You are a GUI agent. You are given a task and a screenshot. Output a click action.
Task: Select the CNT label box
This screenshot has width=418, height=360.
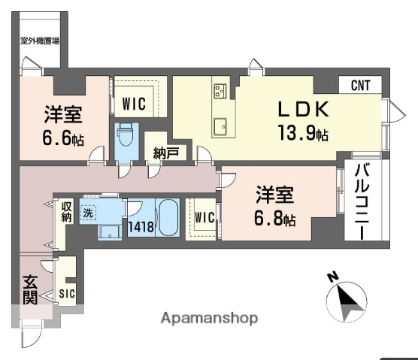(x=360, y=86)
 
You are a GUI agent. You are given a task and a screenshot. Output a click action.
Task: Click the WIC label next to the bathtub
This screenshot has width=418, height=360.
(x=204, y=219)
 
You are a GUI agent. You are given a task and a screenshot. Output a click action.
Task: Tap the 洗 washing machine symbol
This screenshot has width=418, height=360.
(x=87, y=213)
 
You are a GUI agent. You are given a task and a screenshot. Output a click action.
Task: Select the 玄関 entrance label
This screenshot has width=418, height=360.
(x=29, y=292)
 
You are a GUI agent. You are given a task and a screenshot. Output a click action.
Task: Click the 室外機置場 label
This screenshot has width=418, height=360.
(x=41, y=41)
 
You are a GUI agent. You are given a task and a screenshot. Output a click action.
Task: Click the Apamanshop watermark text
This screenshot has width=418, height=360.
(x=209, y=318)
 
